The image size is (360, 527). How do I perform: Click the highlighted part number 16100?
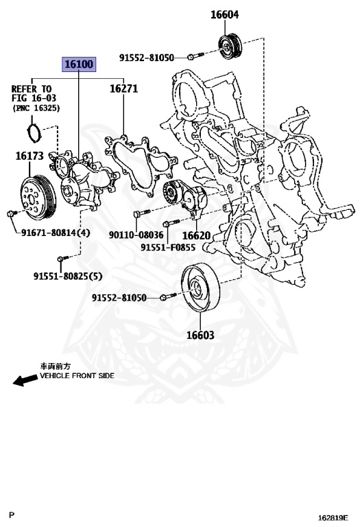click(79, 65)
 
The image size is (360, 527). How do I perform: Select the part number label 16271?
click(123, 89)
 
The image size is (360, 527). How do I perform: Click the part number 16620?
click(195, 235)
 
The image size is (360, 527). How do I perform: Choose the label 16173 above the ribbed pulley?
click(29, 156)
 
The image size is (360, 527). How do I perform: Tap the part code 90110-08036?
click(136, 235)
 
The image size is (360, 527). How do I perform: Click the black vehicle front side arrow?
click(25, 379)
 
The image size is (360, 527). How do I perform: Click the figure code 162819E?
click(333, 515)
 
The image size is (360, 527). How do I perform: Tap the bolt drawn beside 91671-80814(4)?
click(10, 215)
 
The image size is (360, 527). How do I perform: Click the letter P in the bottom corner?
click(11, 514)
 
